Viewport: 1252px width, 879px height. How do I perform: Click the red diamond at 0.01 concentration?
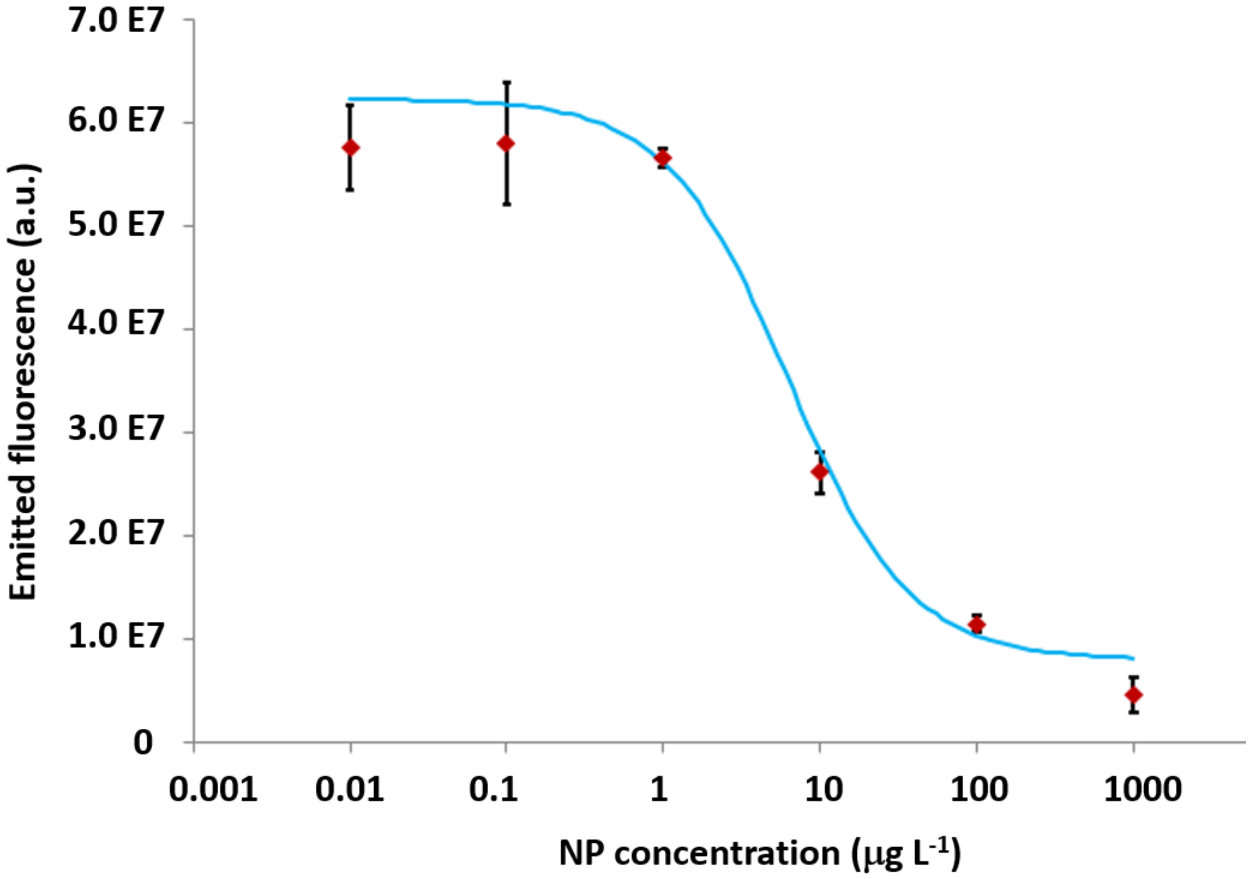tap(351, 147)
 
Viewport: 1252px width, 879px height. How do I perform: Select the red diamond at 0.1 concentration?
tap(506, 144)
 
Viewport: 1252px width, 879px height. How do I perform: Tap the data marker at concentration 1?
tap(663, 158)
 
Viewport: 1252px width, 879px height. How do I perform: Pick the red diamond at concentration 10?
tap(820, 471)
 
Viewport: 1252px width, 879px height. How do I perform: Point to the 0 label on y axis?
tap(143, 743)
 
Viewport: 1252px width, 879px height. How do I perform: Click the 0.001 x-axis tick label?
tap(213, 789)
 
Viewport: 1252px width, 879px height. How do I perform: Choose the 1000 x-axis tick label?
tap(1142, 789)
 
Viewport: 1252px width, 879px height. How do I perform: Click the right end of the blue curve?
tap(1133, 658)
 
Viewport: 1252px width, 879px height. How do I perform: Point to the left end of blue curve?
tap(350, 99)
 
